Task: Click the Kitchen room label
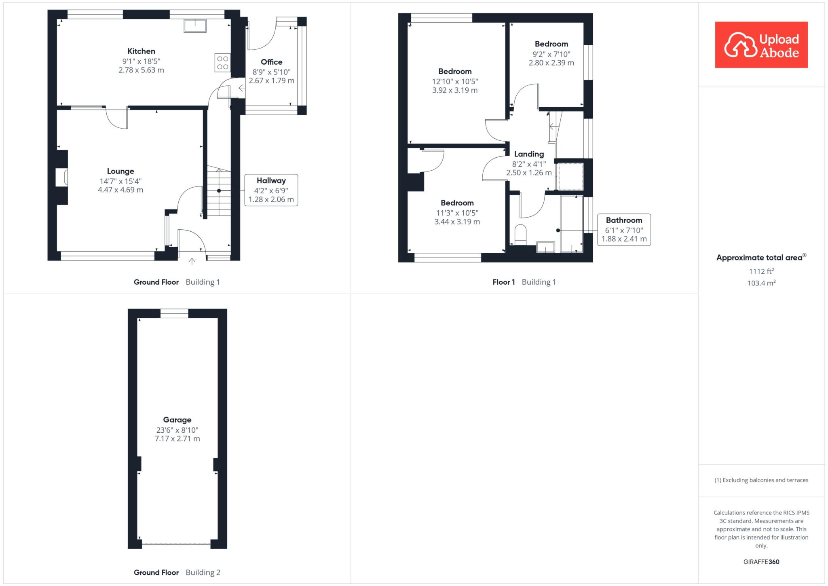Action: pos(141,51)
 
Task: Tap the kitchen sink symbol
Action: pos(195,26)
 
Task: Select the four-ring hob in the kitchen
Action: pos(223,63)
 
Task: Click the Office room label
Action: pos(271,62)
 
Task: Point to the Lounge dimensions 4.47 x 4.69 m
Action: pos(120,190)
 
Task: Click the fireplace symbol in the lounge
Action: pos(61,178)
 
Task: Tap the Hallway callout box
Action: pos(271,190)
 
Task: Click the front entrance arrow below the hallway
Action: pos(192,261)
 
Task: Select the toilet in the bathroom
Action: pos(520,235)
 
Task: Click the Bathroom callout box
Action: pos(624,230)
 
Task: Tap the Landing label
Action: pos(529,154)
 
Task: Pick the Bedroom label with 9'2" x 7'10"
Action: pos(551,44)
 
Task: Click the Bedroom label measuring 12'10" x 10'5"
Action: pos(455,71)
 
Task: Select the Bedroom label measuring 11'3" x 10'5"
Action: pos(457,203)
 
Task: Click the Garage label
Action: pos(177,420)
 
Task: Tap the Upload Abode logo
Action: pos(761,45)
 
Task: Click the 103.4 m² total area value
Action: pos(761,283)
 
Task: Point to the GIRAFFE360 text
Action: pos(761,562)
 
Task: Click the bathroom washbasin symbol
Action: pos(545,247)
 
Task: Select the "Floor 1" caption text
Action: pos(503,282)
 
